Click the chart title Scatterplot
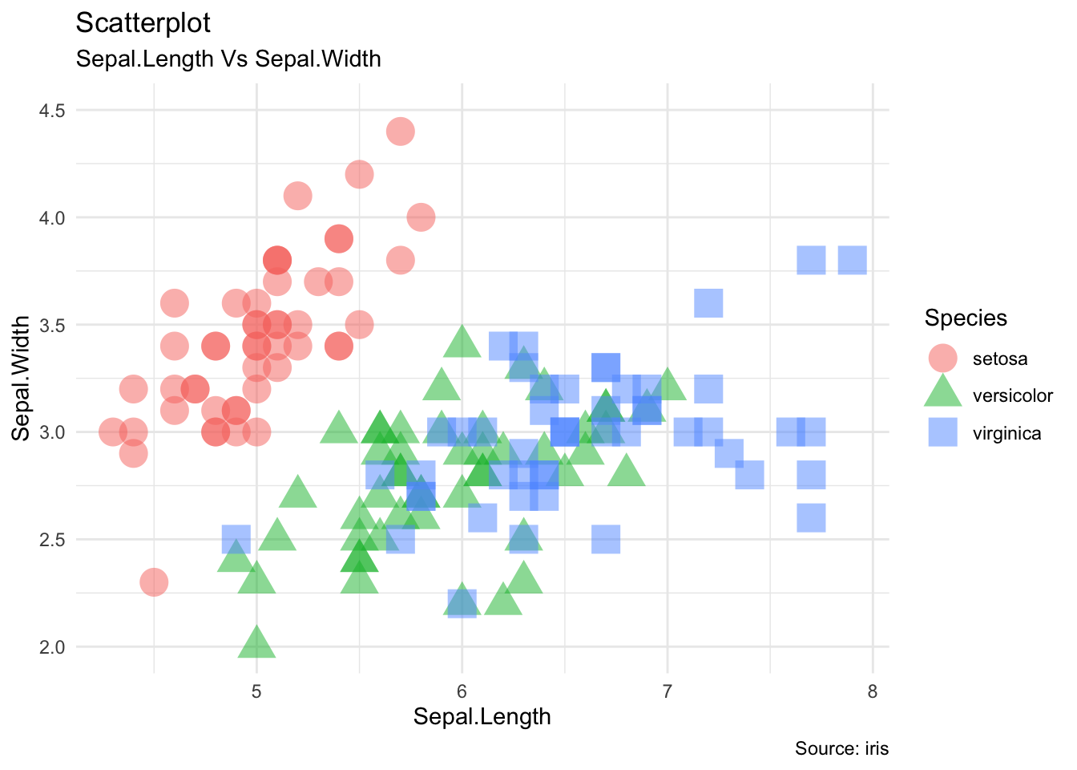143,23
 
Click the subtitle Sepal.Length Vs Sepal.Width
228,59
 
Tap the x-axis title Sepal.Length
482,716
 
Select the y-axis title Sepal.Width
22,378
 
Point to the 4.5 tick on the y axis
52,110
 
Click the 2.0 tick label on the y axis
52,646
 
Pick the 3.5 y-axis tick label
52,325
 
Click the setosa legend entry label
999,359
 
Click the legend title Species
966,318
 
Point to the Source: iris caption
841,748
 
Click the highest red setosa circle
401,131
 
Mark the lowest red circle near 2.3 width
154,582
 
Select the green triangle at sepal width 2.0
256,643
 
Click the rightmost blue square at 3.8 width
852,260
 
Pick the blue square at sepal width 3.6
708,303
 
